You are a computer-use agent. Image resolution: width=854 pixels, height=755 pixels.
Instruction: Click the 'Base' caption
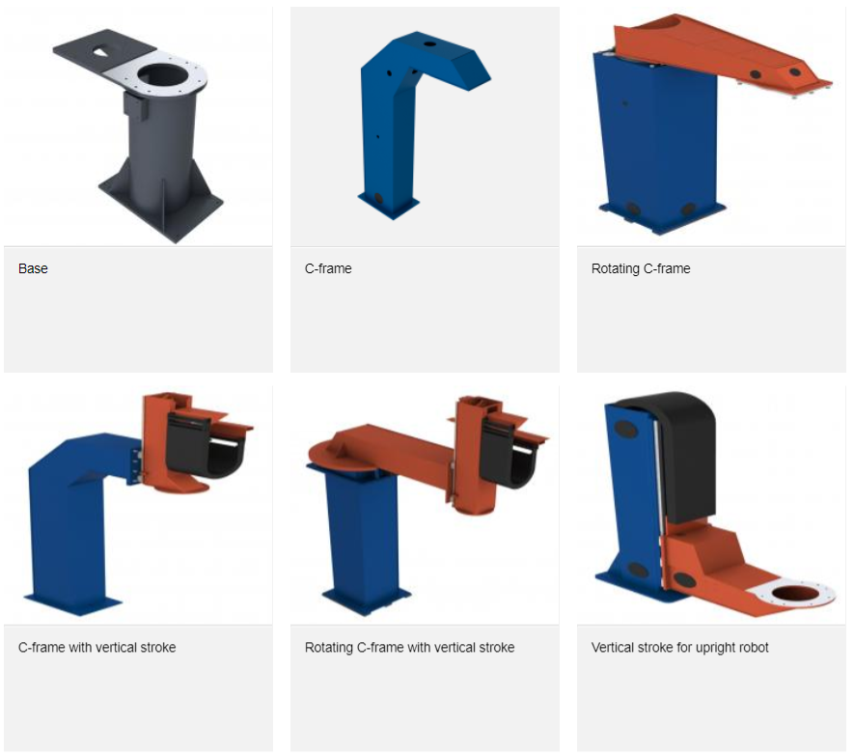[x=33, y=268]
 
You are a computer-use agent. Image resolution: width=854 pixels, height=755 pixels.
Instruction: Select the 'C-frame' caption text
[x=328, y=268]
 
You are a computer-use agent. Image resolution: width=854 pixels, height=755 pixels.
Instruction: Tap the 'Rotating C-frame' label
[x=641, y=268]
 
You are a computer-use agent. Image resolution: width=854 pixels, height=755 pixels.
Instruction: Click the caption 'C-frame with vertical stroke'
[x=96, y=647]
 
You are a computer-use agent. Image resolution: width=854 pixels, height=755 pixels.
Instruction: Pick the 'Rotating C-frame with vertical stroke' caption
[x=409, y=647]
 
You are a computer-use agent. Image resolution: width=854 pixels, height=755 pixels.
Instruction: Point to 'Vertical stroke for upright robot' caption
[x=679, y=648]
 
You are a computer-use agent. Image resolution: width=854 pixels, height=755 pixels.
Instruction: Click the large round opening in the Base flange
[x=163, y=74]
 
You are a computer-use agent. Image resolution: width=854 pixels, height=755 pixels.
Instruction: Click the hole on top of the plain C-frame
[x=429, y=43]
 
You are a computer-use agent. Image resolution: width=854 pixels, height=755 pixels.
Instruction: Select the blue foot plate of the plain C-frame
[x=389, y=206]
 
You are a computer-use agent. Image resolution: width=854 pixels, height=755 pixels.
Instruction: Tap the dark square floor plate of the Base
[x=162, y=205]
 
